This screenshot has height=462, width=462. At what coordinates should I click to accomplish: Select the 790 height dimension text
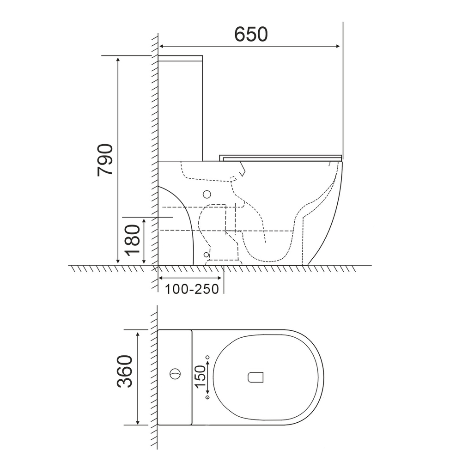click(105, 160)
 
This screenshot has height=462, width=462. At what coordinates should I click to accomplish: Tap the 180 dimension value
click(132, 240)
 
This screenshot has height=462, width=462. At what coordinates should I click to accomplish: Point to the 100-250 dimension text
click(192, 289)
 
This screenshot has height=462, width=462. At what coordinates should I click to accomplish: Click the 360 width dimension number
click(125, 371)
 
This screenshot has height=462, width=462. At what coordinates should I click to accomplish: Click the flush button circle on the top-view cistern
click(175, 374)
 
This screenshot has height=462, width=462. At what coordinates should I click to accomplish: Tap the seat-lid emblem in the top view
click(255, 377)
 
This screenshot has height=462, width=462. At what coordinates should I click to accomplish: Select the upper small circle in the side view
click(207, 194)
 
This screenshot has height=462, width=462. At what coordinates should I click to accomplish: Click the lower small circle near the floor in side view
click(206, 255)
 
